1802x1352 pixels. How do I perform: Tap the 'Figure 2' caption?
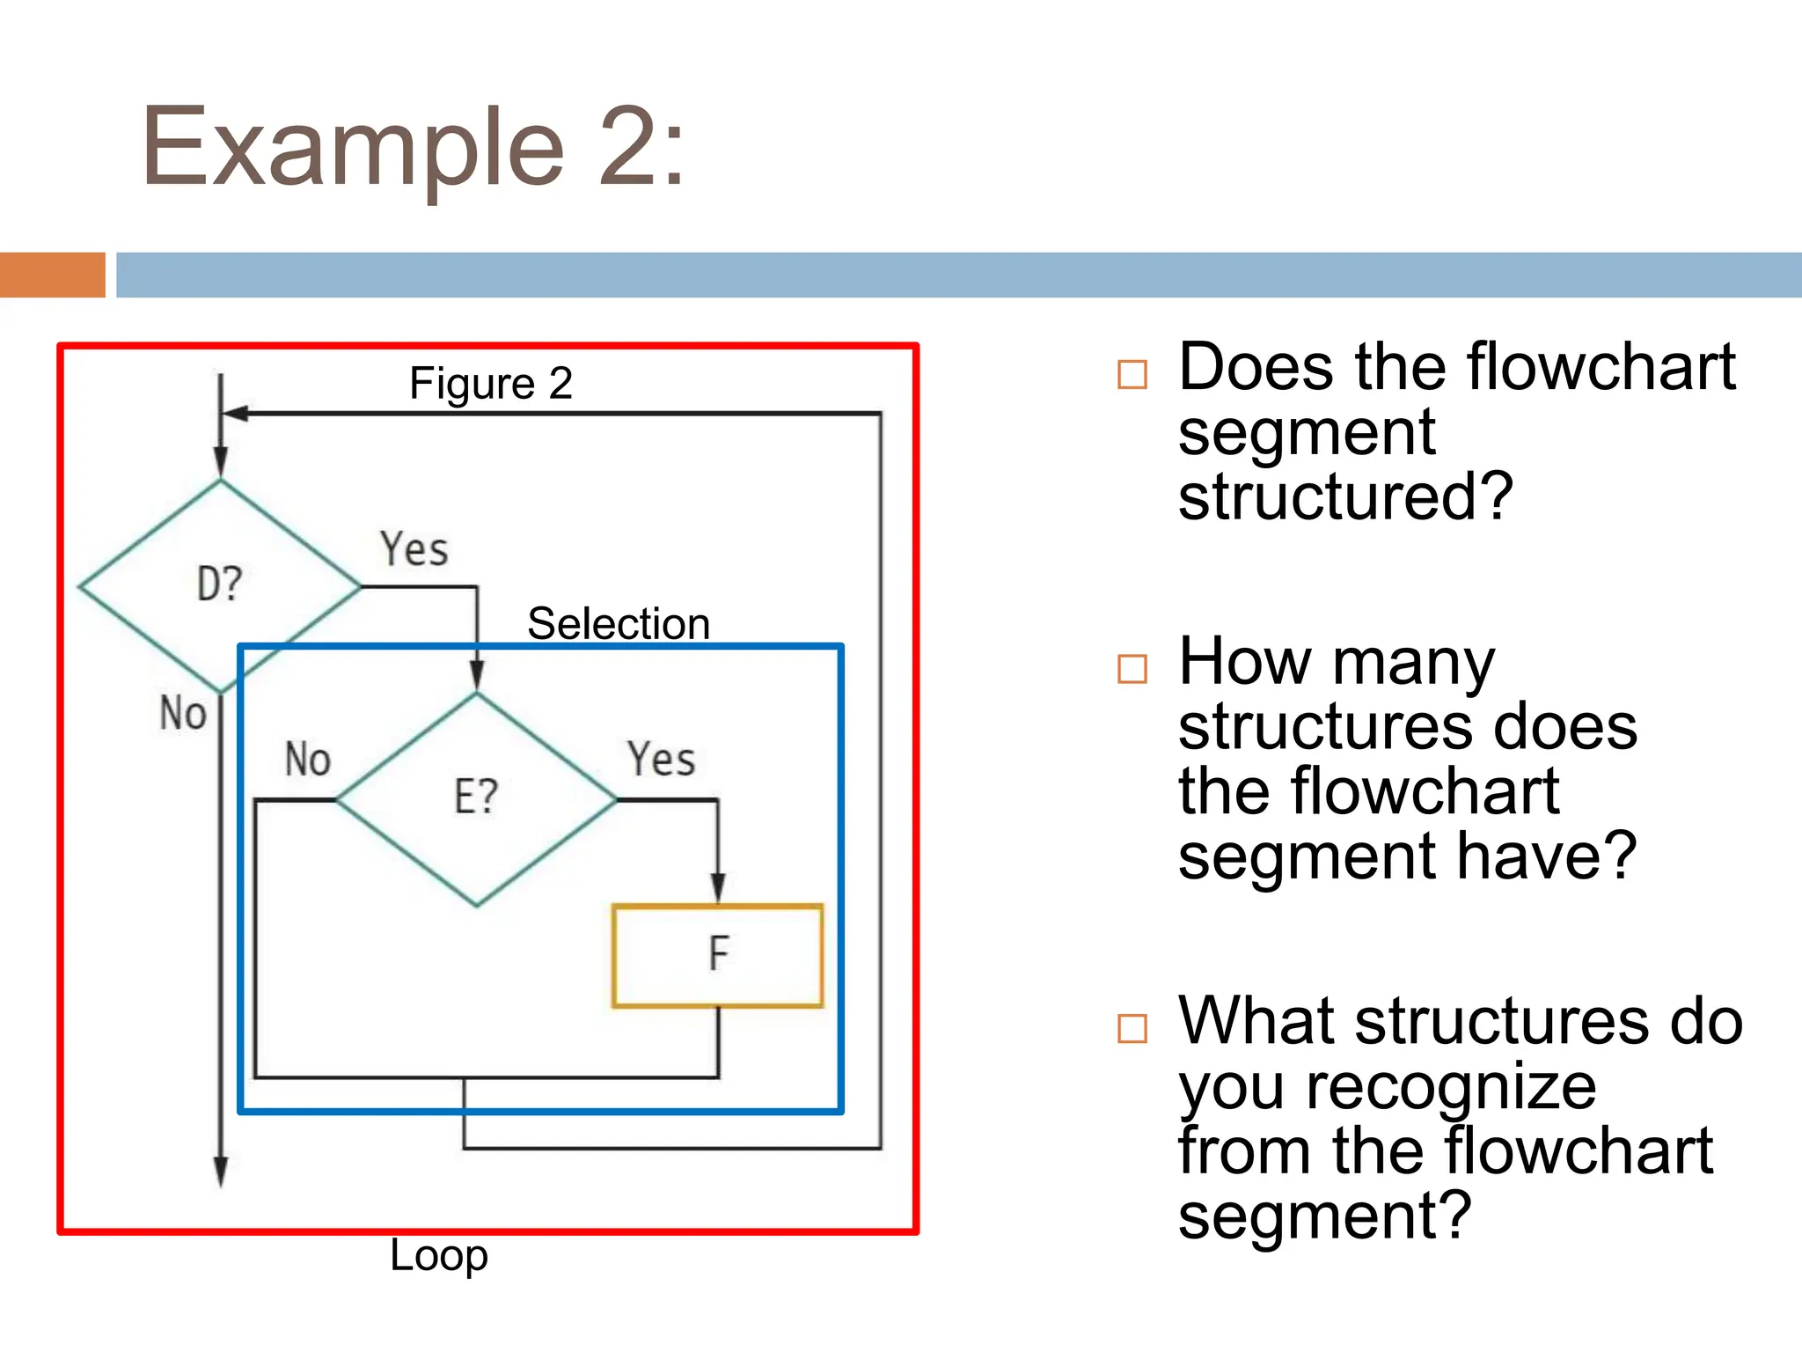coord(491,384)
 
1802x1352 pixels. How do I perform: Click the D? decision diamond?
coord(220,584)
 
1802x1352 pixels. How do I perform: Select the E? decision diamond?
coord(476,797)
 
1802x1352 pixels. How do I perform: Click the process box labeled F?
coord(717,955)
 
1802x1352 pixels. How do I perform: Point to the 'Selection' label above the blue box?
coord(619,624)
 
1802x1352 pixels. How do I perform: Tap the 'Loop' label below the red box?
coord(438,1256)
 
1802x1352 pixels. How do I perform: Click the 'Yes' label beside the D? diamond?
coord(414,549)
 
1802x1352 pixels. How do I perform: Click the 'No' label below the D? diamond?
coord(183,713)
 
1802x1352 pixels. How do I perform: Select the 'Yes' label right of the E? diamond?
coord(661,759)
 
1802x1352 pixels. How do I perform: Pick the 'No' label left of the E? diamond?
coord(307,759)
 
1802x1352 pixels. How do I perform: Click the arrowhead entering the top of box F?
coord(718,889)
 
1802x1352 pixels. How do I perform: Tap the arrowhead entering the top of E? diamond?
coord(477,676)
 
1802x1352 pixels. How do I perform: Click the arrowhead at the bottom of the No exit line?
coord(221,1173)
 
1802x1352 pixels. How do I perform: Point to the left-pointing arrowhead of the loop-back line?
coord(236,413)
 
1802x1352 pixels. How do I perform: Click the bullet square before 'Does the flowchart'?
coord(1132,374)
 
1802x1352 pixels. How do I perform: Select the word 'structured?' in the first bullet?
coord(1345,497)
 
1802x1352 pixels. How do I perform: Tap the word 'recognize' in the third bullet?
coord(1450,1087)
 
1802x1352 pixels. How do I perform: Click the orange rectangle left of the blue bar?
coord(53,275)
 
